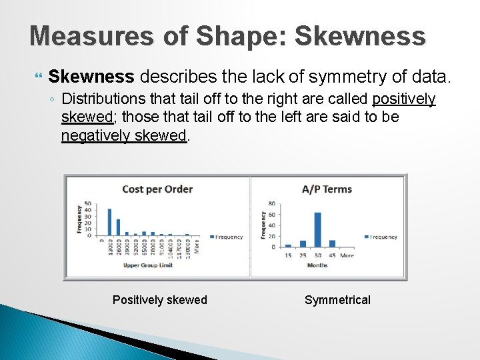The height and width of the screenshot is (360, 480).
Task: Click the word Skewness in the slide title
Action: coord(359,36)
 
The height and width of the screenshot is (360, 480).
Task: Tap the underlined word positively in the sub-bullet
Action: coord(403,99)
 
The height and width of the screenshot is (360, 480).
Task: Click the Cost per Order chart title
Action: coord(157,189)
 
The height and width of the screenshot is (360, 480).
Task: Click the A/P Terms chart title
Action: coord(327,189)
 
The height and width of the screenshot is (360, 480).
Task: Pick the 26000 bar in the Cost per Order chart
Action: coord(118,227)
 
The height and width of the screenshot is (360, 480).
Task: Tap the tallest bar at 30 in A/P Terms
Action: coord(317,229)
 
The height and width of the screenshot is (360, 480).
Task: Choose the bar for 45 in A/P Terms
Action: coord(332,243)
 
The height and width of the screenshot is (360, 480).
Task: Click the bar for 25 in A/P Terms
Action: coord(303,244)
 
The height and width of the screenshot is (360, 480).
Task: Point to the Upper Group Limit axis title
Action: coord(147,265)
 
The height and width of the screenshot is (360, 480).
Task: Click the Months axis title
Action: coord(317,265)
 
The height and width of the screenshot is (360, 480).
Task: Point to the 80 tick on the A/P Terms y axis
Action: coord(271,203)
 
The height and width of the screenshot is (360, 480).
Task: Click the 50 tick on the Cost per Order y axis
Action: coord(87,204)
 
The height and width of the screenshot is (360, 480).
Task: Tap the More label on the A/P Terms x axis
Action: coord(347,255)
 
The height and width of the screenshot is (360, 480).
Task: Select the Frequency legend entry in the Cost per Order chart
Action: coord(227,237)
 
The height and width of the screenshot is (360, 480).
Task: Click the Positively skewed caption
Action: coord(160,300)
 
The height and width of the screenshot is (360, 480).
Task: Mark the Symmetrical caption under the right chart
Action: coord(337,300)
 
